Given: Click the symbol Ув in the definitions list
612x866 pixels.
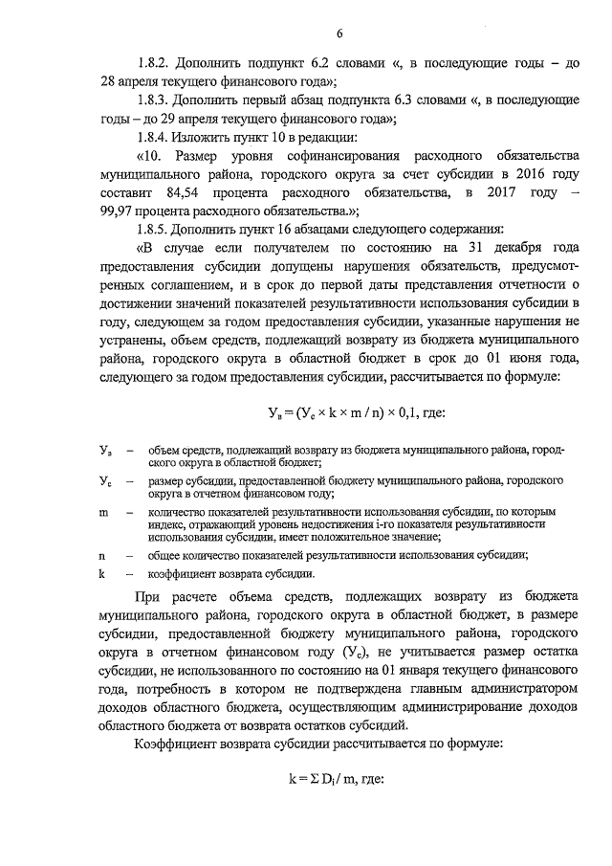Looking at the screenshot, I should click(104, 449).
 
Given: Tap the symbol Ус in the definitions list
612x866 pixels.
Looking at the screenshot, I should click(104, 481).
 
